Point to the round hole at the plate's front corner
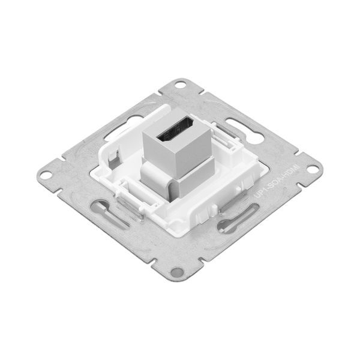176,272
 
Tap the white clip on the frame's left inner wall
113,159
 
